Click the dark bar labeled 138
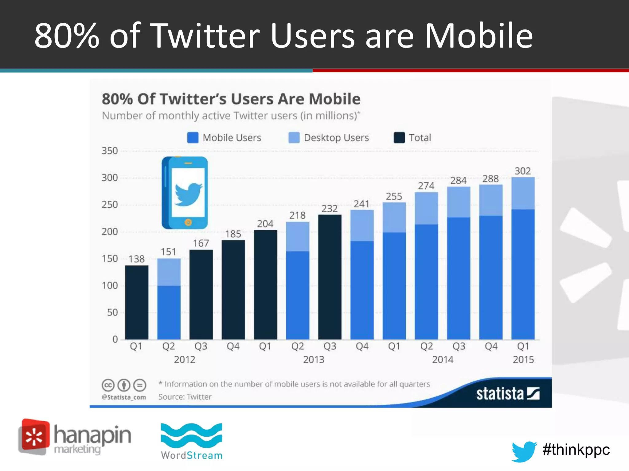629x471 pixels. click(137, 302)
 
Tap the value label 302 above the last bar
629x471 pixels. click(523, 171)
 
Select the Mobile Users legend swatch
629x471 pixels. click(193, 138)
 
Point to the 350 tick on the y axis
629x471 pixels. click(110, 151)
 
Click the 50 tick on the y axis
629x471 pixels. click(112, 312)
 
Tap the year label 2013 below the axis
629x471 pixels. click(314, 359)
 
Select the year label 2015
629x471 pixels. click(523, 359)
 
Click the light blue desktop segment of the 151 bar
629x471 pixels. click(169, 272)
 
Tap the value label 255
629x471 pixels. click(394, 196)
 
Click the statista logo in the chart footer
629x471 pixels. click(507, 394)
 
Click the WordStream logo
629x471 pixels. click(192, 442)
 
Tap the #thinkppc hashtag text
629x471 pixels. click(576, 450)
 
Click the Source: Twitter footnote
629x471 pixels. click(185, 397)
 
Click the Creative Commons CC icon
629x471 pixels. click(108, 385)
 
